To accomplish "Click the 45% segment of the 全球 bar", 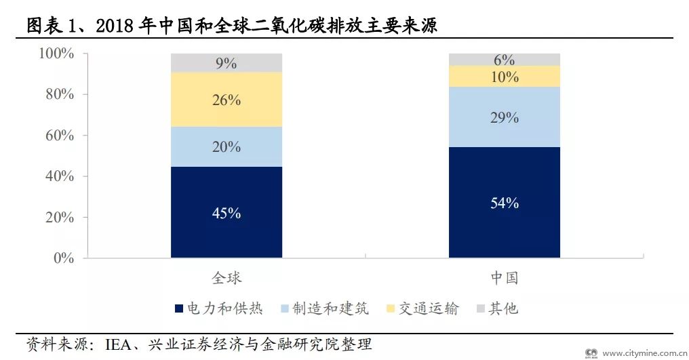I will pyautogui.click(x=227, y=212).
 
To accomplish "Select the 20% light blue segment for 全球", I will pyautogui.click(x=227, y=146).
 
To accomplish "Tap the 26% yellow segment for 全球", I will pyautogui.click(x=227, y=100).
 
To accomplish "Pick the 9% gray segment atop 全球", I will pyautogui.click(x=227, y=63).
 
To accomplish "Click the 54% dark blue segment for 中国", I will pyautogui.click(x=505, y=202).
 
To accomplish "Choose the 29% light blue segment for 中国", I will pyautogui.click(x=505, y=117).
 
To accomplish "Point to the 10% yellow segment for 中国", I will pyautogui.click(x=505, y=77).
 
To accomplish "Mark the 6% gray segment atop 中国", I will pyautogui.click(x=505, y=60).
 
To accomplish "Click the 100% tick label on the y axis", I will pyautogui.click(x=56, y=54).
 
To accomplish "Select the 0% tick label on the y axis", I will pyautogui.click(x=64, y=258).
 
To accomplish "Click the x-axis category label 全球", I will pyautogui.click(x=227, y=278).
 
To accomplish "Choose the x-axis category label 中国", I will pyautogui.click(x=505, y=278).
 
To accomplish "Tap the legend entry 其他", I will pyautogui.click(x=503, y=309).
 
